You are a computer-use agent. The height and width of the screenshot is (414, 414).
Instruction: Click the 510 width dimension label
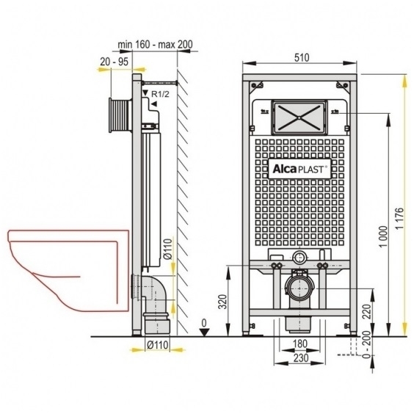pyautogui.click(x=302, y=57)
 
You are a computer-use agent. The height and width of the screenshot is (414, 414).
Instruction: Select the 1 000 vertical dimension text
pyautogui.click(x=383, y=236)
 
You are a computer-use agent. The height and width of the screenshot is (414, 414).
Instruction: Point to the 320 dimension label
pyautogui.click(x=223, y=302)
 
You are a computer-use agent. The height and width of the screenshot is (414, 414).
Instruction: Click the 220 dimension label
pyautogui.click(x=367, y=311)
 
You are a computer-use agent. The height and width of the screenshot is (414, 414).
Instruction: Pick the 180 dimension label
pyautogui.click(x=300, y=344)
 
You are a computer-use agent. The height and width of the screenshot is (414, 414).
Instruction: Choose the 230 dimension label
pyautogui.click(x=301, y=357)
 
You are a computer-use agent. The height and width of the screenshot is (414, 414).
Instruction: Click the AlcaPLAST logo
pyautogui.click(x=299, y=169)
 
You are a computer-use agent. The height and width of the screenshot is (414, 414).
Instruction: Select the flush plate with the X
pyautogui.click(x=299, y=117)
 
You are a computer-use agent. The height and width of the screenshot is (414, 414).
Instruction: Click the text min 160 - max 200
pyautogui.click(x=155, y=44)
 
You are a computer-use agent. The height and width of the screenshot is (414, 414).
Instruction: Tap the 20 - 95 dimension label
pyautogui.click(x=114, y=62)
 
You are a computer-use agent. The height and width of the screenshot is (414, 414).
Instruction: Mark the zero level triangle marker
pyautogui.click(x=204, y=332)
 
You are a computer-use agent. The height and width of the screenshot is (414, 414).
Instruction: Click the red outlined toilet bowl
pyautogui.click(x=68, y=270)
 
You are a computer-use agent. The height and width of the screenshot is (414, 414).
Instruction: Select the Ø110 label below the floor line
pyautogui.click(x=157, y=344)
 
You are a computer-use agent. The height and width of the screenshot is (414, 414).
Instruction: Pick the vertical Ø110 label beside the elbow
pyautogui.click(x=168, y=248)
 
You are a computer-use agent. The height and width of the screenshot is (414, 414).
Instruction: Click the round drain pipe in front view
pyautogui.click(x=299, y=288)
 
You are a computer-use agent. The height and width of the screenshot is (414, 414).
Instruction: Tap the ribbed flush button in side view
pyautogui.click(x=120, y=115)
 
